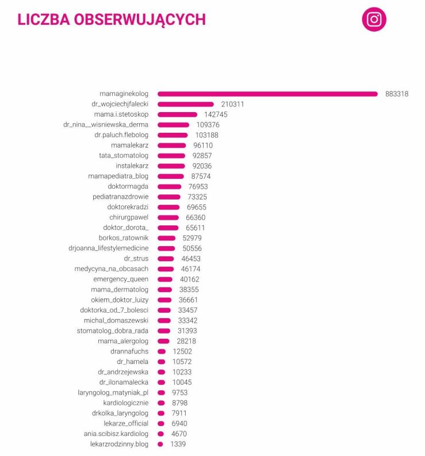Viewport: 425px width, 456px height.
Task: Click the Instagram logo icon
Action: pyautogui.click(x=374, y=20)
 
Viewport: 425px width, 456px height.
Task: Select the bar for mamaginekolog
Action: pyautogui.click(x=267, y=94)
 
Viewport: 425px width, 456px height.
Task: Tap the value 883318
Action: pyautogui.click(x=397, y=94)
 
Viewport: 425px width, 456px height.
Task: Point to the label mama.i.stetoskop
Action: pyautogui.click(x=121, y=114)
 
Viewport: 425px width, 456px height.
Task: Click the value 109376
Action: pyautogui.click(x=207, y=125)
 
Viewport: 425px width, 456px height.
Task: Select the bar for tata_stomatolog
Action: pyautogui.click(x=171, y=156)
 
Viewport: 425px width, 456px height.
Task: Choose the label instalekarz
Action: pyautogui.click(x=132, y=166)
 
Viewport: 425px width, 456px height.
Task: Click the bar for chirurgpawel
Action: pyautogui.click(x=168, y=218)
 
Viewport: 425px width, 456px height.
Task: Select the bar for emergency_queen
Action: pyautogui.click(x=165, y=279)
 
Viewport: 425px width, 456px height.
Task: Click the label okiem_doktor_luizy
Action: pyautogui.click(x=120, y=300)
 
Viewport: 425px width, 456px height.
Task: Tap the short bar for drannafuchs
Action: pyautogui.click(x=162, y=351)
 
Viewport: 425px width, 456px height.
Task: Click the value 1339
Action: pyautogui.click(x=178, y=444)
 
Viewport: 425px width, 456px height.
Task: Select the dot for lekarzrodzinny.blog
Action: pyautogui.click(x=160, y=444)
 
